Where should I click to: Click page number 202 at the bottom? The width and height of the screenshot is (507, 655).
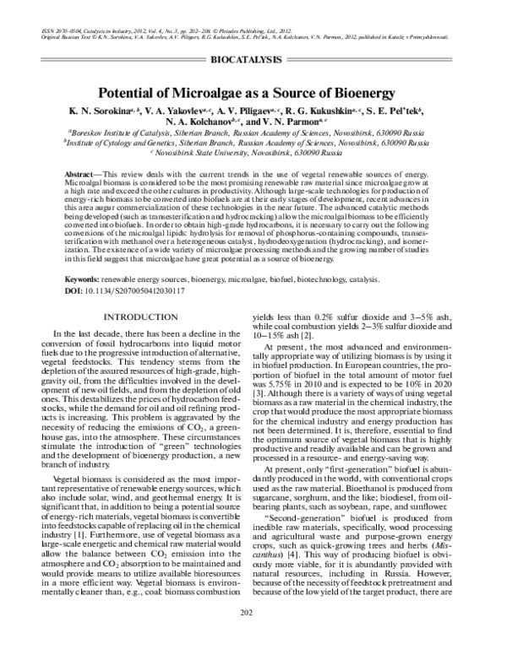pos(253,636)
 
